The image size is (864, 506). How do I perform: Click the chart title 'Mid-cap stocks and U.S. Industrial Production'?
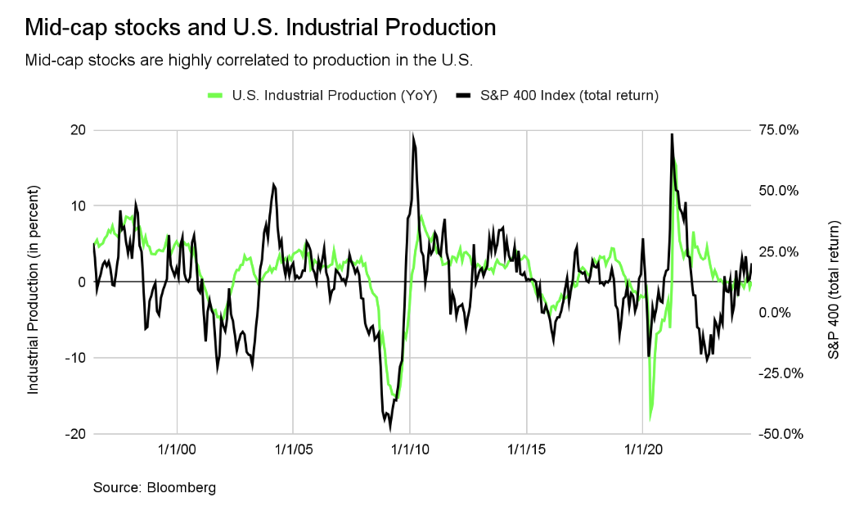[x=260, y=28]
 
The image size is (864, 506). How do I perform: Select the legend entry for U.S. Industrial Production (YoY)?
[x=322, y=95]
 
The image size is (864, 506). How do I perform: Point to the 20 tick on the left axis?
[x=79, y=130]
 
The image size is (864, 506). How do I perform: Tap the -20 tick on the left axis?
[x=76, y=434]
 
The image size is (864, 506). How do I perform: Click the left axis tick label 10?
[x=79, y=206]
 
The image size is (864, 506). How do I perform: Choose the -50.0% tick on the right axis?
[x=781, y=434]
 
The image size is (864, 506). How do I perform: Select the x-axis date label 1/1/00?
[x=178, y=450]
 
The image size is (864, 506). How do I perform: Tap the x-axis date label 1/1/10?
[x=411, y=450]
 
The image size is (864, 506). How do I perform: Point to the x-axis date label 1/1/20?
[x=644, y=450]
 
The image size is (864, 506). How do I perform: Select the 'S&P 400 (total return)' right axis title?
[x=835, y=289]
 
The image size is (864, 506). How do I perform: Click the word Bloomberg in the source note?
[x=182, y=488]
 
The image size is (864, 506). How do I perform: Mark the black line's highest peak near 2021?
[x=672, y=134]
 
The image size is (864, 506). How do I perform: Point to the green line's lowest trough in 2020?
[x=650, y=418]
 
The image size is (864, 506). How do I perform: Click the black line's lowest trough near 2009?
[x=390, y=427]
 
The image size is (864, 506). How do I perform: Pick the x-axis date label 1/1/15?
[x=527, y=450]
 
